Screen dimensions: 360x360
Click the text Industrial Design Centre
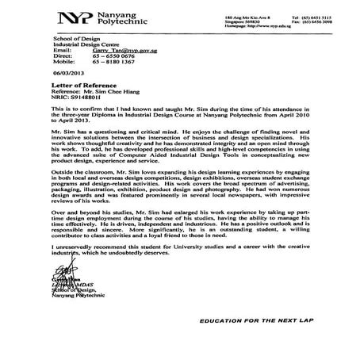click(78, 44)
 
